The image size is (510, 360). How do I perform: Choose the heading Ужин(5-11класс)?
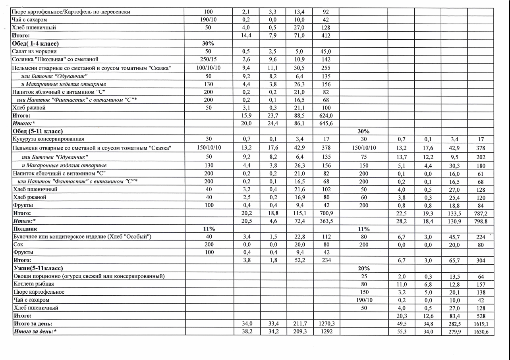tap(38, 268)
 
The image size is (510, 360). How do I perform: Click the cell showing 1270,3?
tap(326, 323)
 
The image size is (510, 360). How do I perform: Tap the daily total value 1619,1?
tap(481, 323)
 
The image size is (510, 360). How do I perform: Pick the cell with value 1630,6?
tap(481, 332)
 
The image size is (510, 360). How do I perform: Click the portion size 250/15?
tap(209, 59)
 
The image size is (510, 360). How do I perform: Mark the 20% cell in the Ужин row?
tap(364, 268)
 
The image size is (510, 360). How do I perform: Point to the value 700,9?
tap(326, 214)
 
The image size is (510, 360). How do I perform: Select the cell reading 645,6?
tap(326, 123)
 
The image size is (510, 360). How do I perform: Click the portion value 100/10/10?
tap(209, 68)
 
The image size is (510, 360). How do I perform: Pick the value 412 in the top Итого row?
tap(326, 36)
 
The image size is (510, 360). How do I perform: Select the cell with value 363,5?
tap(326, 221)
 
